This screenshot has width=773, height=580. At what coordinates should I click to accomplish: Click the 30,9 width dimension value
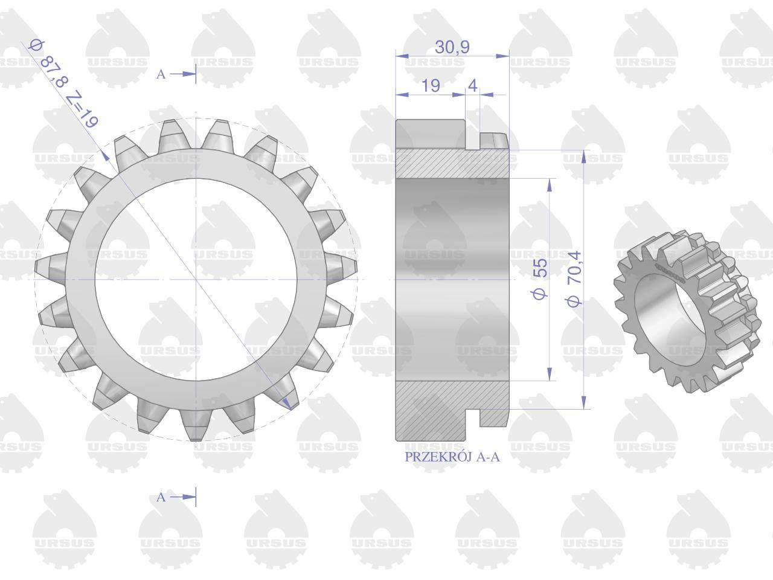coord(452,47)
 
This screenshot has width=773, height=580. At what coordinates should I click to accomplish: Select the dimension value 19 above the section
coord(431,86)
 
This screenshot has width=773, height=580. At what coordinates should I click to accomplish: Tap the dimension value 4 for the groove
coord(473,86)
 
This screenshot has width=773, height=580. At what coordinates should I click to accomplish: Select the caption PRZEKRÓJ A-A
coord(452,457)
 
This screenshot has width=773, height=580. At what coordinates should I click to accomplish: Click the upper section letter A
coord(161,74)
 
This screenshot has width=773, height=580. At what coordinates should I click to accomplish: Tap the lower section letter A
coord(161,497)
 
